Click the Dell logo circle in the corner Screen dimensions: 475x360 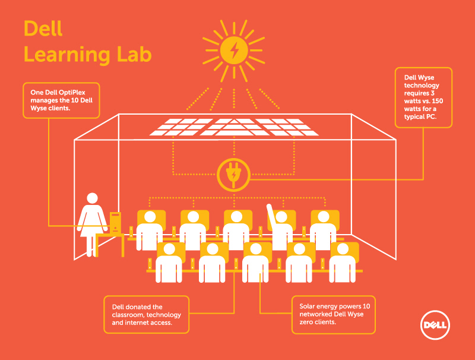(435, 325)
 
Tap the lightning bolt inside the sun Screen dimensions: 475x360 (234, 50)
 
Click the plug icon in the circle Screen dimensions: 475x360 (233, 175)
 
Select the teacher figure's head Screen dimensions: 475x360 (93, 198)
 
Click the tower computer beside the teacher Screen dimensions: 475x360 (115, 223)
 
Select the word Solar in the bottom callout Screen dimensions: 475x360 (307, 306)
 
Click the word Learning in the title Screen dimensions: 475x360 (67, 56)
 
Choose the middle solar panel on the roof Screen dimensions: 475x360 (234, 127)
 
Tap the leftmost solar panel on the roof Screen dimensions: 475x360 (181, 127)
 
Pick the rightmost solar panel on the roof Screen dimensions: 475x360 (287, 127)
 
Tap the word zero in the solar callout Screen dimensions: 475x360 (306, 322)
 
